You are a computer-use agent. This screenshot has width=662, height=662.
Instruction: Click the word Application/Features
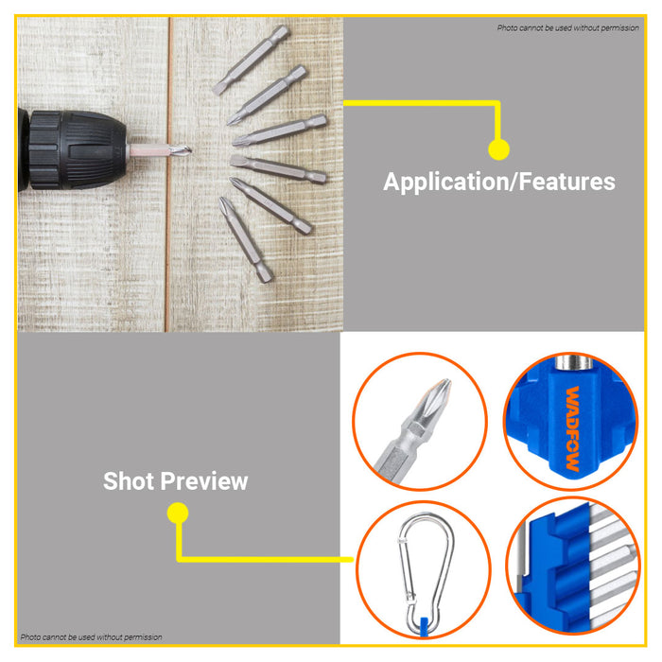coord(498,182)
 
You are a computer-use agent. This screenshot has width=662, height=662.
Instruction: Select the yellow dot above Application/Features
coord(498,149)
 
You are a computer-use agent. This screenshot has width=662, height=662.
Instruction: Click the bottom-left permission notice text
coord(92,637)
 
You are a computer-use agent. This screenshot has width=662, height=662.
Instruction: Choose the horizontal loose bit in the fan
coord(278,169)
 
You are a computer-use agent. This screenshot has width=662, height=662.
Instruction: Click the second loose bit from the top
coord(268,94)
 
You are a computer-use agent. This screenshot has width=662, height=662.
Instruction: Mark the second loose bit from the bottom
coord(272,205)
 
